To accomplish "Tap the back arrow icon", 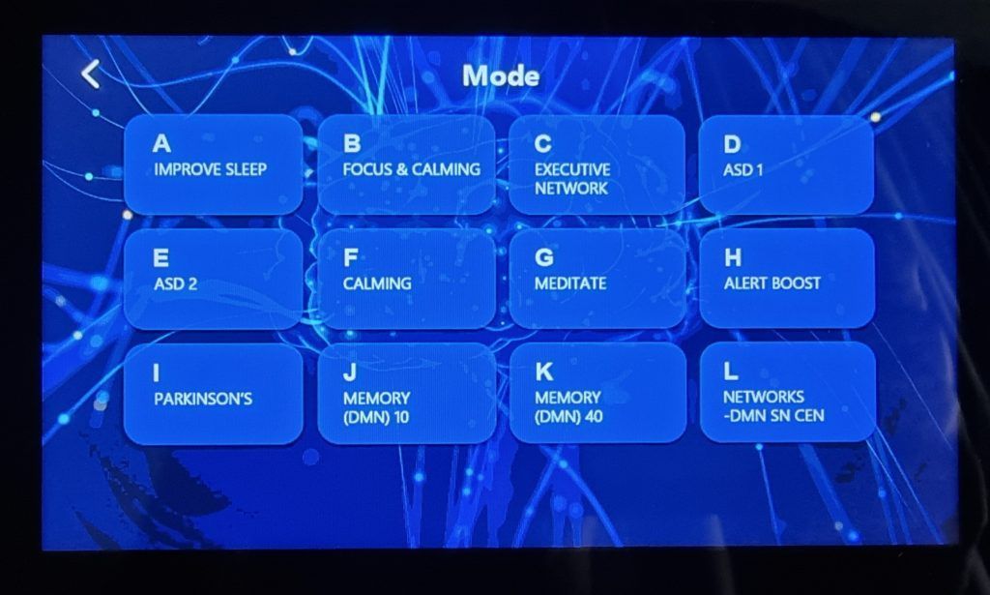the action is pos(91,74).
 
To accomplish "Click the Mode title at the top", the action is pos(501,75).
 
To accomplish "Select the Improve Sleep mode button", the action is pos(213,164).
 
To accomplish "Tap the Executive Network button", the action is pos(597,164).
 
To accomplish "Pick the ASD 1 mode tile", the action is pos(785,164).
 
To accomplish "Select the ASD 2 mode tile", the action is pos(213,278).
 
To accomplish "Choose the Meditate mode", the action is pos(597,278).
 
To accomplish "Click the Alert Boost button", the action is pos(786,278).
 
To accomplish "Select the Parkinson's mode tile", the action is pos(213,393).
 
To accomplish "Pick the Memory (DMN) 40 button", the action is pos(597,393).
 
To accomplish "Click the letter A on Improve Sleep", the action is pos(162,144).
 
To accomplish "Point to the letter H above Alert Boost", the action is pos(733,257).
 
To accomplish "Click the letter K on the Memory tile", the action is pos(543,372).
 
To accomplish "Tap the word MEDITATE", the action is pos(570,283).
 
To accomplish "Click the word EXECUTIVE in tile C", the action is pos(572,169).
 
